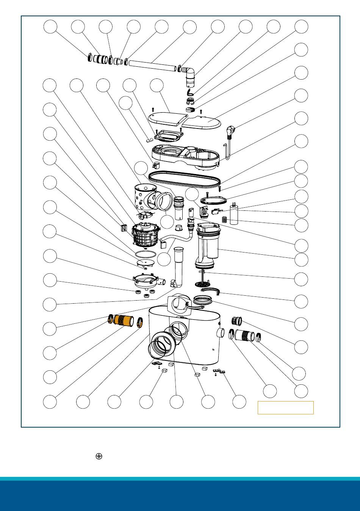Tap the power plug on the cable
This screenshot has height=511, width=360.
[x=231, y=132]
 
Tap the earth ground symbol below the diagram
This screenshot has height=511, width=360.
[x=99, y=456]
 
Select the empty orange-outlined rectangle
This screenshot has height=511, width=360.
[x=286, y=408]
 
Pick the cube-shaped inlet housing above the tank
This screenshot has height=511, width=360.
[x=178, y=303]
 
